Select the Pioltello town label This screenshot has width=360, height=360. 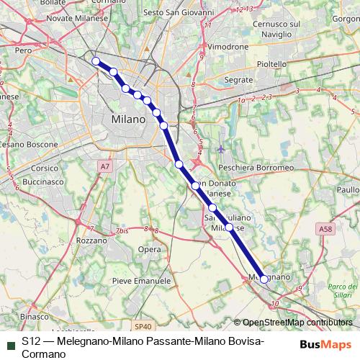pos(272,64)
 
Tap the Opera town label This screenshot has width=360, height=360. pos(149,250)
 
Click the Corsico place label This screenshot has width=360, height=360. pos(45,168)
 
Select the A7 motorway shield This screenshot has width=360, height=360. pos(105,166)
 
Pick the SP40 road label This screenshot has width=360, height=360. pos(143,325)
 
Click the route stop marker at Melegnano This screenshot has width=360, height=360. pos(264,279)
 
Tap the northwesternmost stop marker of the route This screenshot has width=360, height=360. pos(96,61)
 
